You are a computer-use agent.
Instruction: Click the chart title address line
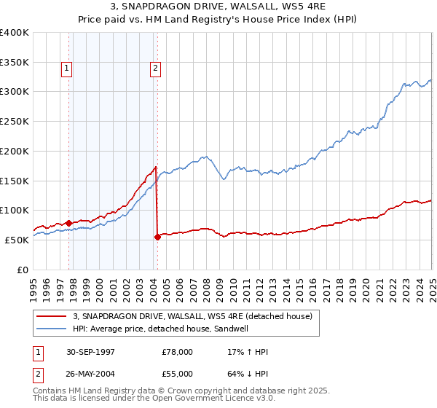click(x=219, y=7)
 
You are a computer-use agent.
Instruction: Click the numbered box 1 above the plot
click(x=66, y=69)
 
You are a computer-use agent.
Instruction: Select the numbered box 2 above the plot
click(x=156, y=69)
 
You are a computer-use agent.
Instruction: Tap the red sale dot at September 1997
click(x=69, y=223)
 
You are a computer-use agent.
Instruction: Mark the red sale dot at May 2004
click(x=158, y=237)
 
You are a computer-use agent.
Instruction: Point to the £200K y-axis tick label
click(x=15, y=151)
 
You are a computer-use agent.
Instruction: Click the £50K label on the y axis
click(x=17, y=240)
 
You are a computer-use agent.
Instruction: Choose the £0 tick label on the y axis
click(x=23, y=270)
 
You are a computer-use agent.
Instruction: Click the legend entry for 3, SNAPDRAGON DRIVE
click(x=192, y=316)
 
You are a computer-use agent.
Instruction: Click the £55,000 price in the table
click(x=178, y=373)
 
